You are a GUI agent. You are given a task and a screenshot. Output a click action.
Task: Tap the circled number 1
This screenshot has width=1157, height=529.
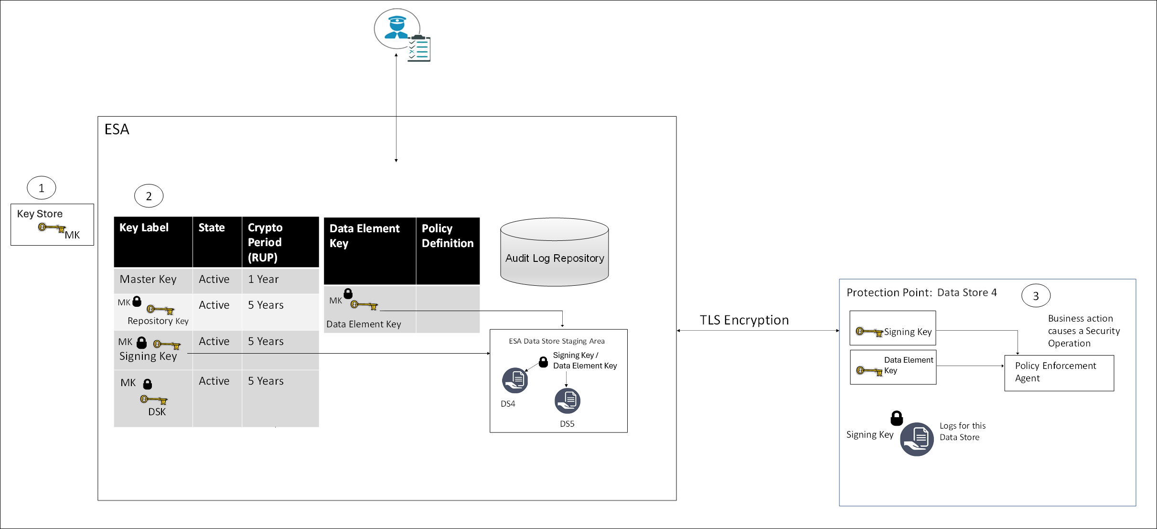click(42, 188)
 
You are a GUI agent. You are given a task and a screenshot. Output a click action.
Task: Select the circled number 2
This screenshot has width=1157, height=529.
click(149, 196)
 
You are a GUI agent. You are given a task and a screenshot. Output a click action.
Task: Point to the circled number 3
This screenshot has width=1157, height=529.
click(1036, 296)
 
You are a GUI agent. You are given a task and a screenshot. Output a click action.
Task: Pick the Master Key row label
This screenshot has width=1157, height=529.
click(148, 280)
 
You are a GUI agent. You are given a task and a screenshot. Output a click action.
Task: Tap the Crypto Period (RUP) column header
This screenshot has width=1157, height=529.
click(279, 242)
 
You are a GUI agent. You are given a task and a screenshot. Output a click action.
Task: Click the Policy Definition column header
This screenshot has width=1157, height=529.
click(447, 236)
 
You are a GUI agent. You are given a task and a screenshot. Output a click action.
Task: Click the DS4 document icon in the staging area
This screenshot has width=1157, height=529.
click(515, 380)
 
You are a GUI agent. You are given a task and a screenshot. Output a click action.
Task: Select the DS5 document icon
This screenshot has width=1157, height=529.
click(567, 401)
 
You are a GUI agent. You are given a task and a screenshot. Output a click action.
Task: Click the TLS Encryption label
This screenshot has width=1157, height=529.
click(744, 320)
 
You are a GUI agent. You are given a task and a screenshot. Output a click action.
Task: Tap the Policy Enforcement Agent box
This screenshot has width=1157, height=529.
click(1059, 373)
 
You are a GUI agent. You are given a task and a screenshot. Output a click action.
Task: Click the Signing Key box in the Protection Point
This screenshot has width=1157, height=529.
click(892, 328)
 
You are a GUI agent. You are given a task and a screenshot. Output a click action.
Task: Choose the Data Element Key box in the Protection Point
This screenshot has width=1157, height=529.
click(893, 367)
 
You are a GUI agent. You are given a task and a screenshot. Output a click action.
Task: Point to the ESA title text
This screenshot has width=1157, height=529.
click(117, 130)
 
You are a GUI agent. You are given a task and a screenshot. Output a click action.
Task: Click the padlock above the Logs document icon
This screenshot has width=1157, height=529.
click(897, 418)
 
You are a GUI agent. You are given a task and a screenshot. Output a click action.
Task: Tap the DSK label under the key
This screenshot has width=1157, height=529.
click(157, 412)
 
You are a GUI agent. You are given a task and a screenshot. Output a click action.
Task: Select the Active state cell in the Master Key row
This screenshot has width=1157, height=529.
click(214, 280)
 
